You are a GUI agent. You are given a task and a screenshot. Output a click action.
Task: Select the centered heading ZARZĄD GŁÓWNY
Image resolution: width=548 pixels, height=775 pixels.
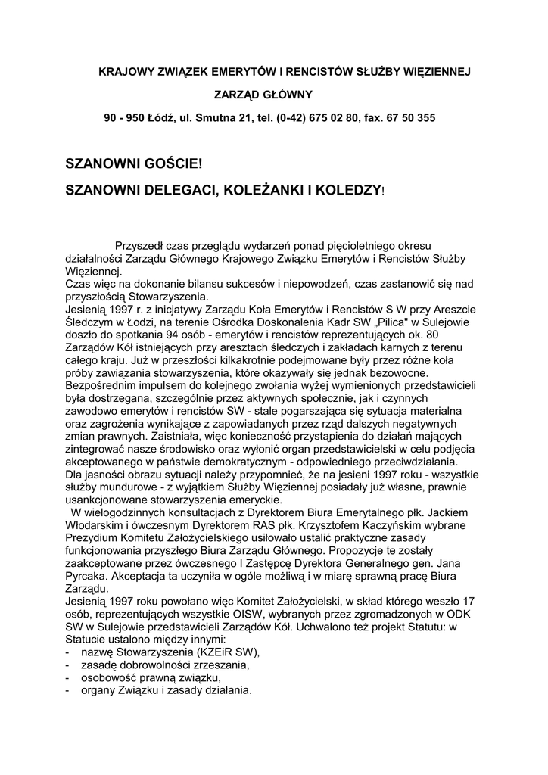point(263,95)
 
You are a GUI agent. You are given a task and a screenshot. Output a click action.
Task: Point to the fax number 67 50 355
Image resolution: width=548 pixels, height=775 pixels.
point(409,118)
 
